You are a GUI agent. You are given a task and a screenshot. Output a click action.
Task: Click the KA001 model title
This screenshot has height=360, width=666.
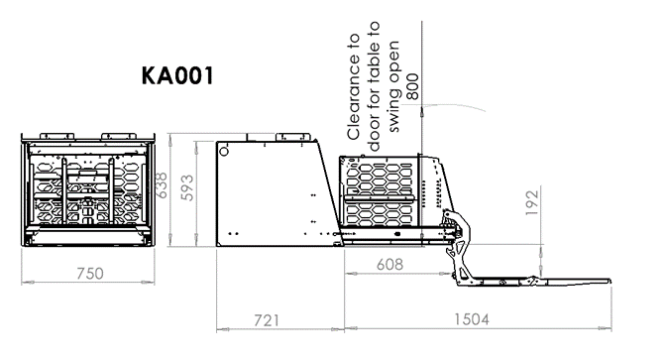[x=177, y=75]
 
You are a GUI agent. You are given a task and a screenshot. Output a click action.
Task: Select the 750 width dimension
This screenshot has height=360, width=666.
[x=89, y=274]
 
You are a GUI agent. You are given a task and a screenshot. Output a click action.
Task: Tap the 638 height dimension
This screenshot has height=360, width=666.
[x=162, y=184]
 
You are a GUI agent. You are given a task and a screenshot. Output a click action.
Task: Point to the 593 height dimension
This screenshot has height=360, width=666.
[x=186, y=187]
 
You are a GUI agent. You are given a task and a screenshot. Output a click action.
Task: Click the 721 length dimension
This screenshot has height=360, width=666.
[x=267, y=320]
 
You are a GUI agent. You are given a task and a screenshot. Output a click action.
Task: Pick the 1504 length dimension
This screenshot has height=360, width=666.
[x=472, y=319]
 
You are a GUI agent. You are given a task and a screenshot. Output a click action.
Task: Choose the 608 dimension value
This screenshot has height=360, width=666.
[x=389, y=265]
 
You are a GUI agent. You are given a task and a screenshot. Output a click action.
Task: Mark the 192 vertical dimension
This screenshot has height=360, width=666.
[x=532, y=202]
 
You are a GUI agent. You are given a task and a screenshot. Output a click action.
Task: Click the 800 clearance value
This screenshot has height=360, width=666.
[x=412, y=87]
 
